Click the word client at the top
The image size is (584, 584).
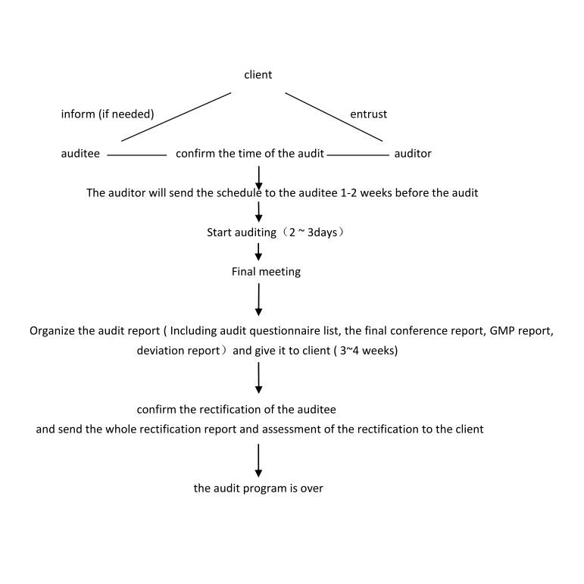[258, 75]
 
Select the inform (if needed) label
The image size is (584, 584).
[108, 114]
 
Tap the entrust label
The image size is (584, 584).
[368, 114]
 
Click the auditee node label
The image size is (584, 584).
[80, 154]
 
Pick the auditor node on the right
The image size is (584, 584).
[413, 154]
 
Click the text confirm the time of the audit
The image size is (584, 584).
[250, 154]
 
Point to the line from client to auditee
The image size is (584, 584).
[176, 117]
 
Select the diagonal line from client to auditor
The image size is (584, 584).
[334, 117]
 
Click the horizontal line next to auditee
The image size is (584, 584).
[136, 155]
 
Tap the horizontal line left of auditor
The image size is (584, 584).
[358, 155]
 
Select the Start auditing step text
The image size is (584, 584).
[276, 233]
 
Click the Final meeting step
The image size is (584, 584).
[266, 272]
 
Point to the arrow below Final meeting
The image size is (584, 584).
[258, 299]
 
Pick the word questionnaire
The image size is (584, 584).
[291, 331]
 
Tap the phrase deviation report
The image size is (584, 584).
[179, 351]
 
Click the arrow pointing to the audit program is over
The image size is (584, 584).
[258, 461]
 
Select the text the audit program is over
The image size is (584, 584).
[258, 489]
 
